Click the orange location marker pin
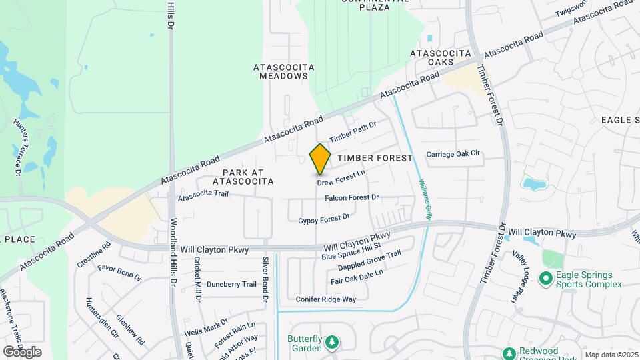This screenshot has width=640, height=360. point(320,159)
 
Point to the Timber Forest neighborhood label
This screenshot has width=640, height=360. point(375,157)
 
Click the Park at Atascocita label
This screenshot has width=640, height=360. point(243,176)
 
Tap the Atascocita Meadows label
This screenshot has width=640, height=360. point(281,71)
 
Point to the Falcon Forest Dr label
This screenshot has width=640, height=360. point(351,198)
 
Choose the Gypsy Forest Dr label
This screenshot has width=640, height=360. point(324,219)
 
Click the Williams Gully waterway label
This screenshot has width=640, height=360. point(425,198)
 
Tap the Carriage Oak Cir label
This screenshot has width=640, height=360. point(453,154)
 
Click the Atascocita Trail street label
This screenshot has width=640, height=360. point(203,195)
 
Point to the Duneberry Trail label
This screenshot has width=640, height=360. point(231,284)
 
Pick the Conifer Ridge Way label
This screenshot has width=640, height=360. point(326,299)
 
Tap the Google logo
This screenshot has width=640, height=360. point(22,351)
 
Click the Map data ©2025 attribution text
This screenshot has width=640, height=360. point(611,355)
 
